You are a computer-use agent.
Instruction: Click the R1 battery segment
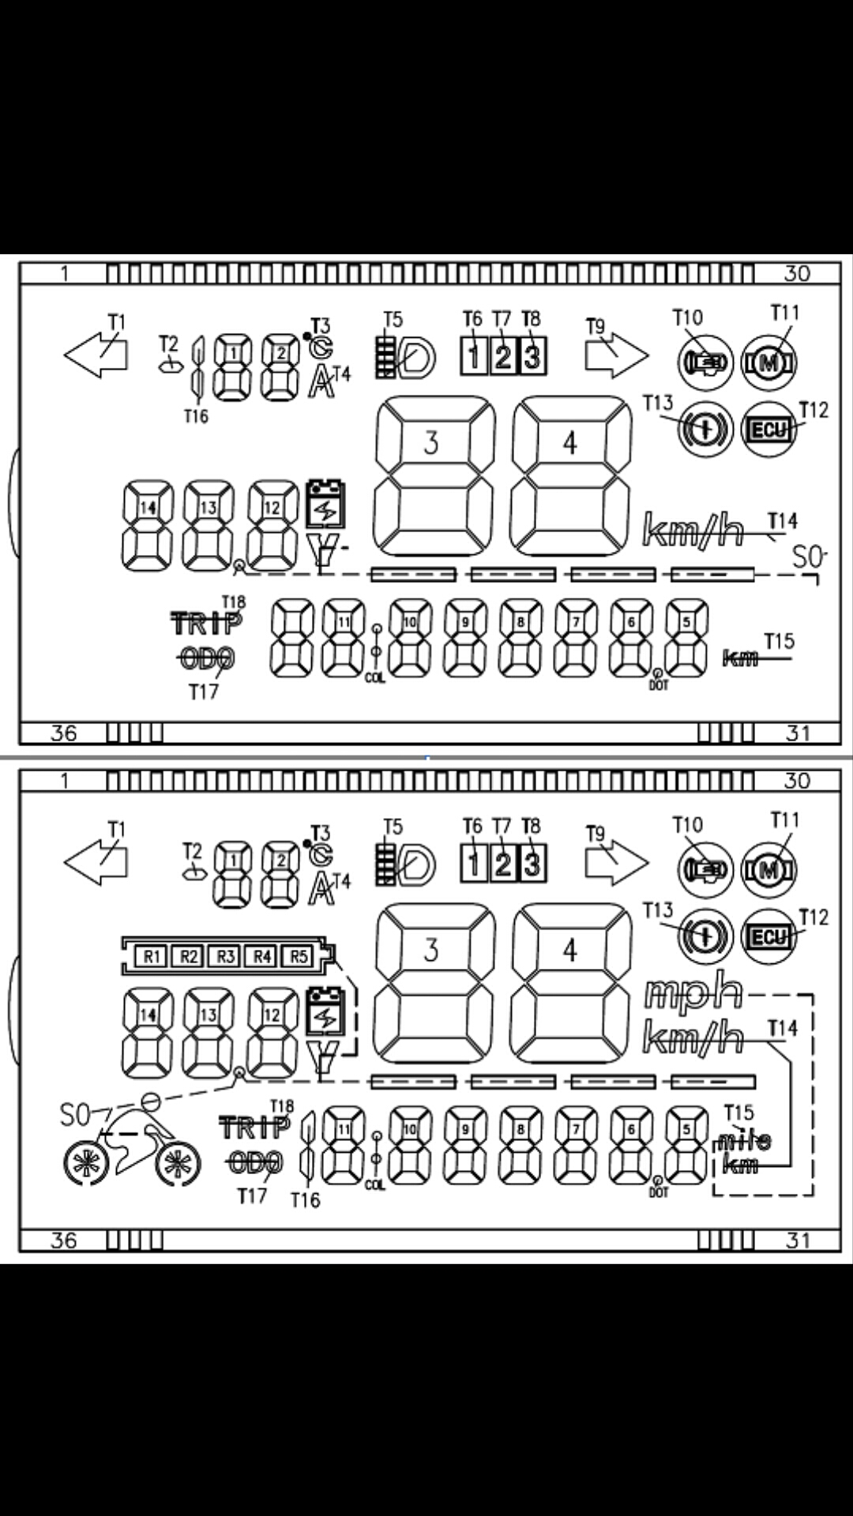tap(152, 956)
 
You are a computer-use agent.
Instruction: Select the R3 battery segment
tap(225, 956)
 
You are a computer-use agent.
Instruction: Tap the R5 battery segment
tap(298, 956)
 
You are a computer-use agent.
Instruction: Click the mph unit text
tap(693, 994)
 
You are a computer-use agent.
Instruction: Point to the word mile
tap(743, 1141)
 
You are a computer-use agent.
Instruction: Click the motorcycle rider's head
tap(151, 1099)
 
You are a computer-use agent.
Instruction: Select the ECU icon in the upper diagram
tap(768, 430)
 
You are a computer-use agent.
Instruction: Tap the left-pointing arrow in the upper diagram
tap(95, 354)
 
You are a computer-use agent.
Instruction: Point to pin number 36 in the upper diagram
tap(64, 734)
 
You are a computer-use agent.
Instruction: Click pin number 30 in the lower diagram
tap(797, 781)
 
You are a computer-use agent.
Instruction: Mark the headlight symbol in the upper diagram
tap(408, 359)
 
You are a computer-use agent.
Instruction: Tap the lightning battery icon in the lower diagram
tap(325, 1011)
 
